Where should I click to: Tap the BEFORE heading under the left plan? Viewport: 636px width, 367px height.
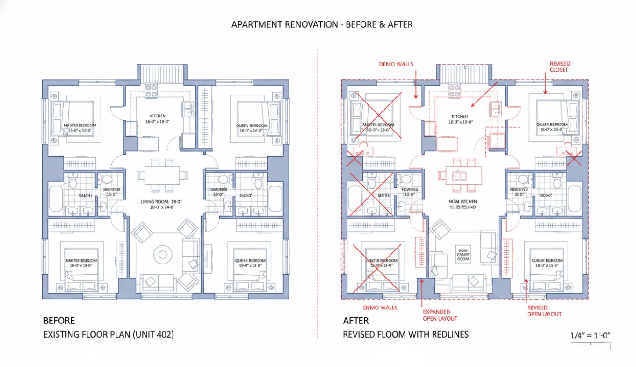(x=59, y=321)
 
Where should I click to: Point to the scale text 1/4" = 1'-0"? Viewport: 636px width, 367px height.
(x=591, y=335)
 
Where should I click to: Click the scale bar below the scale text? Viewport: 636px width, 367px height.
(x=591, y=345)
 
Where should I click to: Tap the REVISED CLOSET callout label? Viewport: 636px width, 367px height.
(x=559, y=66)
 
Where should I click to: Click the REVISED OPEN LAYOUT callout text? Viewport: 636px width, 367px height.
(x=544, y=311)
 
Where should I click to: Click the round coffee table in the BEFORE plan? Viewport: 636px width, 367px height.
(x=163, y=255)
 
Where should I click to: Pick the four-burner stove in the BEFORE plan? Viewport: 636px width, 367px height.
(x=151, y=90)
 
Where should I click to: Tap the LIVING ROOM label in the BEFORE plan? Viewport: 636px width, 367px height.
(x=161, y=205)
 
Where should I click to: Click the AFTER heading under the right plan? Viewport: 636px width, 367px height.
(x=355, y=321)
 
